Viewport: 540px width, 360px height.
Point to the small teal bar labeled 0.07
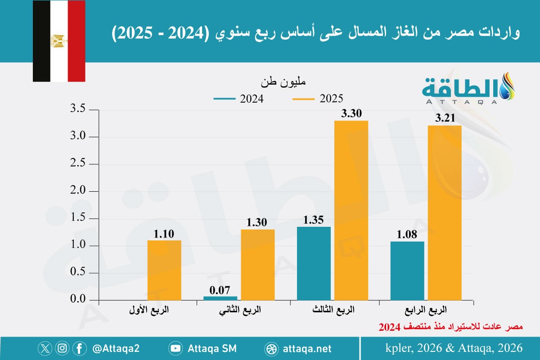pyautogui.click(x=220, y=298)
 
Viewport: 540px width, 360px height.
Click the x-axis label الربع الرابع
pyautogui.click(x=430, y=310)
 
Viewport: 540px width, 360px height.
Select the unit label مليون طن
pyautogui.click(x=283, y=83)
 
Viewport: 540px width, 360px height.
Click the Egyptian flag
pyautogui.click(x=58, y=41)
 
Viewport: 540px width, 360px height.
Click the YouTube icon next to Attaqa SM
pyautogui.click(x=175, y=348)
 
